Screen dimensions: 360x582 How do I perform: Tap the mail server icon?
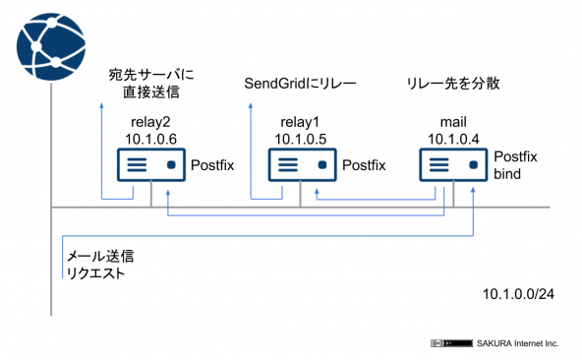[453, 164]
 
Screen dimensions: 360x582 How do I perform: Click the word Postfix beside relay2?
[211, 165]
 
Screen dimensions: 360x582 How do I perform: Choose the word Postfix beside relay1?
[362, 165]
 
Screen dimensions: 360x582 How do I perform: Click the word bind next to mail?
[508, 174]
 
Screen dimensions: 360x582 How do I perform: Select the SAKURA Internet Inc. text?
[517, 343]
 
